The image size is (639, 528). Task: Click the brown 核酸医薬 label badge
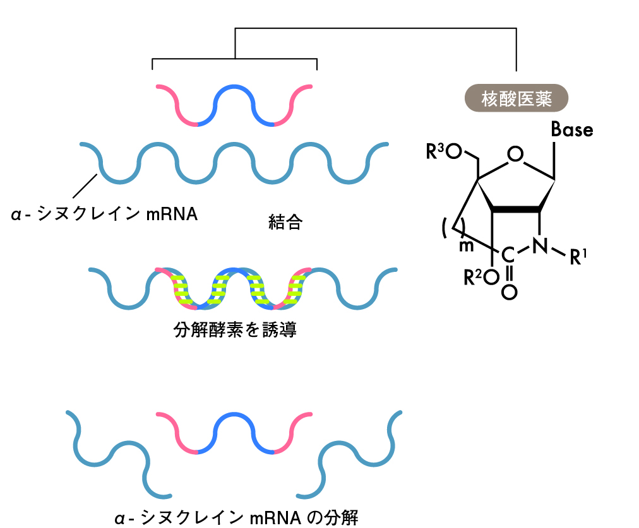click(517, 99)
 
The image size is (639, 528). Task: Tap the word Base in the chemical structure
click(572, 130)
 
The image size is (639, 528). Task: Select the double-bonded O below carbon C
click(510, 292)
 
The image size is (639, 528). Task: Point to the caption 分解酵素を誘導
click(235, 330)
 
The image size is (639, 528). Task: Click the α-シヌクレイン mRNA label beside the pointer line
click(105, 214)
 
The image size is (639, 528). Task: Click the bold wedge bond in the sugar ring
click(518, 209)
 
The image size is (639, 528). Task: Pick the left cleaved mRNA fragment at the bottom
click(114, 454)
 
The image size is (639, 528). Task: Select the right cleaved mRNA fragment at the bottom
click(354, 454)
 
